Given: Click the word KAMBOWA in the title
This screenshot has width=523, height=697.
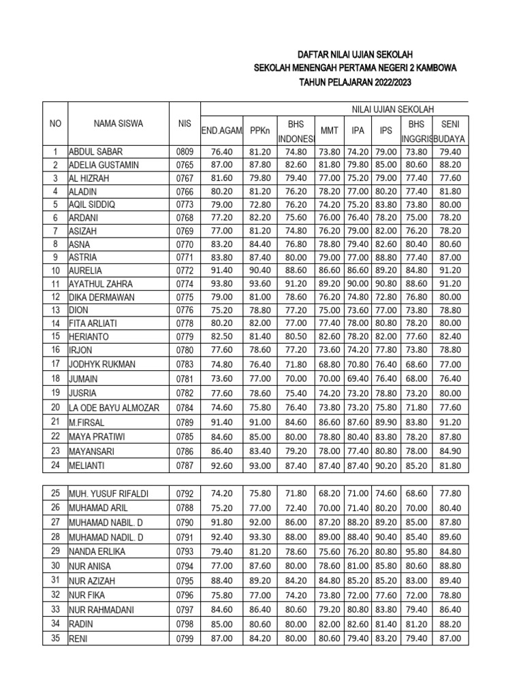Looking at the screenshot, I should click(432, 68).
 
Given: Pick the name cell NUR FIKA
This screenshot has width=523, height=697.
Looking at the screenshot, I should click(85, 594).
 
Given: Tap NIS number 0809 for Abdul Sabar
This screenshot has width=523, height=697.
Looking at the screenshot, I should click(185, 152).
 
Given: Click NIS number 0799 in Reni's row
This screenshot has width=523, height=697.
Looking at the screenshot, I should click(185, 638).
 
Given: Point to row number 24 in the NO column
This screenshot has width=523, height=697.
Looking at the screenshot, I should click(55, 465).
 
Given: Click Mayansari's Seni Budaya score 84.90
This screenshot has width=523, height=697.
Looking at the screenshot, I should click(449, 450).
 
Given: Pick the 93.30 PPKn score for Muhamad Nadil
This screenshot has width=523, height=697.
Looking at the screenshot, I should click(260, 536).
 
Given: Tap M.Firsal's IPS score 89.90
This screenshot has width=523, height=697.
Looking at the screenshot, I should click(386, 422).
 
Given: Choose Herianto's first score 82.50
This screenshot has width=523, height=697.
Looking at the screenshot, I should click(223, 336).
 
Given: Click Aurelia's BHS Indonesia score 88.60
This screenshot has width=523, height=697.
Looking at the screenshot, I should click(296, 271).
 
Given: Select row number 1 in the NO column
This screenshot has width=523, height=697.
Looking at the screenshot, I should click(55, 152).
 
